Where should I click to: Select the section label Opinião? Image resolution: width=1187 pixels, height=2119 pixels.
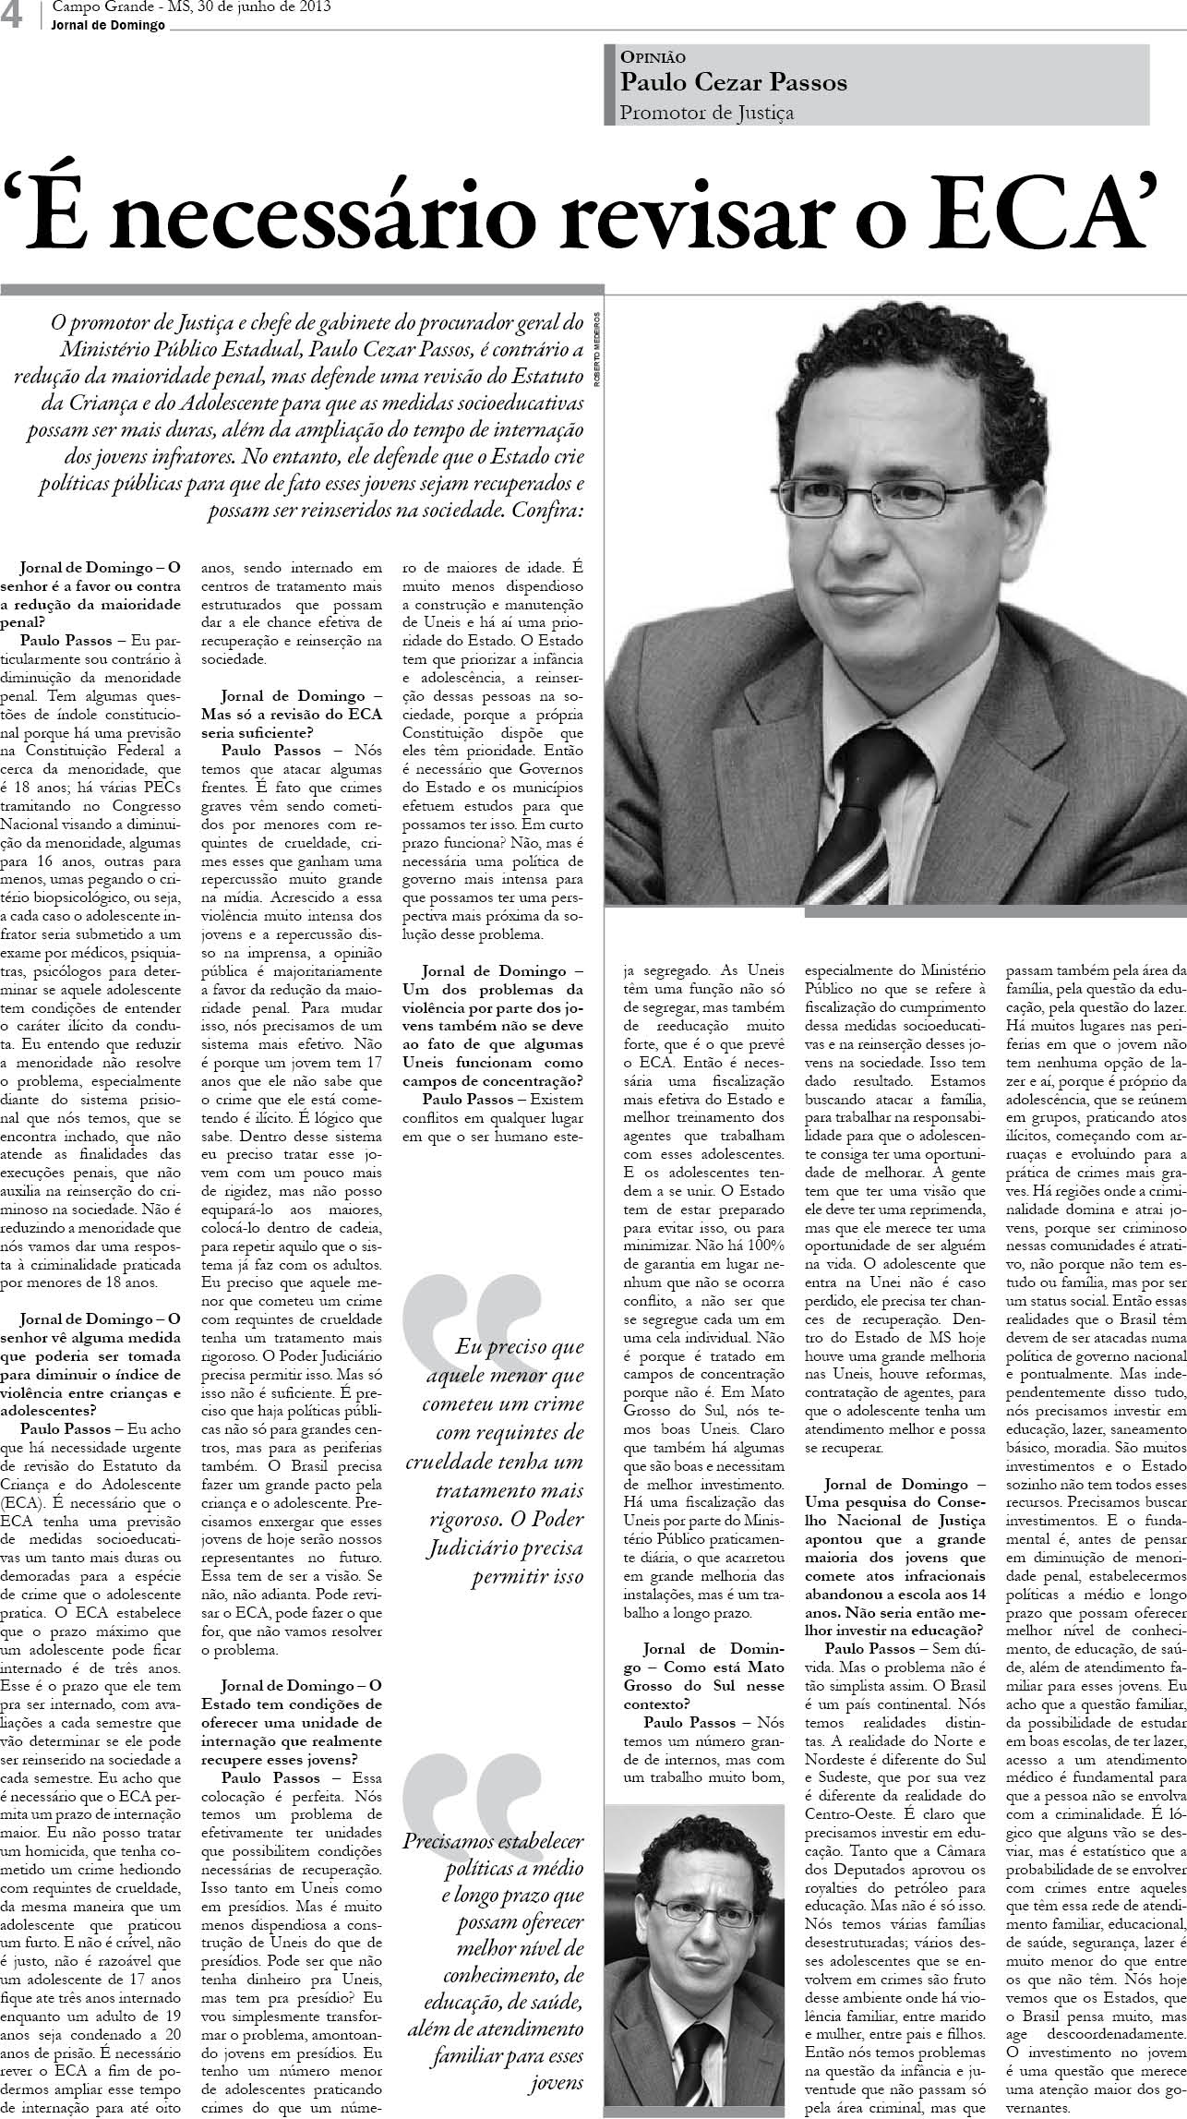pos(653,56)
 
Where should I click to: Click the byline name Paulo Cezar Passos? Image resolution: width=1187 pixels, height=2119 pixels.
pos(733,83)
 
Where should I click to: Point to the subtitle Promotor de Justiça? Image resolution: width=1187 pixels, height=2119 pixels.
pos(707,113)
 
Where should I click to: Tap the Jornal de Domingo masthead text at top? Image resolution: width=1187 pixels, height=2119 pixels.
pos(109,25)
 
